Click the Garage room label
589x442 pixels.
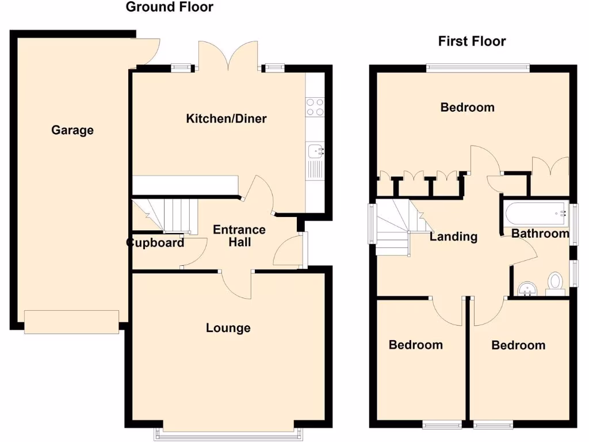[72, 130]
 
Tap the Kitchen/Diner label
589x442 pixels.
[226, 119]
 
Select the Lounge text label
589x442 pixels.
[228, 328]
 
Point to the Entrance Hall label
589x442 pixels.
[239, 236]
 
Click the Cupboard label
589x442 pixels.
[155, 242]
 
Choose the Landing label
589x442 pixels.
[453, 236]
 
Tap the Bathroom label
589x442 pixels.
[540, 233]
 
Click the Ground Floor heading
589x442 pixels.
[169, 7]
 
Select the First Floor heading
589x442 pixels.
[472, 41]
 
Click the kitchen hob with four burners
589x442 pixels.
[315, 107]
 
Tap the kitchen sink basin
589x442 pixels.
[315, 151]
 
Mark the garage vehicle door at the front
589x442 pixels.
[72, 320]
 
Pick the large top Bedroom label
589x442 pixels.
[467, 107]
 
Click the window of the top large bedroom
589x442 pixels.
[477, 67]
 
